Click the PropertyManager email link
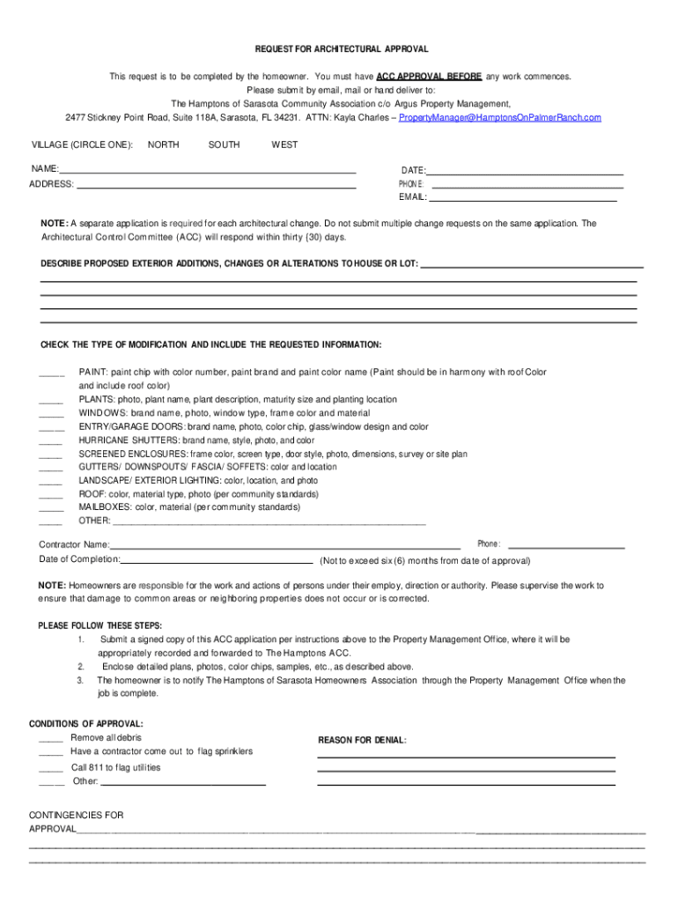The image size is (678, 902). (x=500, y=117)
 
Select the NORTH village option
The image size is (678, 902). (x=164, y=144)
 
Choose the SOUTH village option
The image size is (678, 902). (x=224, y=144)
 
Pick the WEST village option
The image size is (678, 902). (x=284, y=144)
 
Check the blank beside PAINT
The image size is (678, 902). (x=52, y=373)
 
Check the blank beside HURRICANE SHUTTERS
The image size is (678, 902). (x=51, y=440)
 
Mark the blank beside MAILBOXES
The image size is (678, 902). (x=51, y=507)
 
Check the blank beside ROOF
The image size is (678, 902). (x=51, y=494)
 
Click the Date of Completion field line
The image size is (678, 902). (x=217, y=561)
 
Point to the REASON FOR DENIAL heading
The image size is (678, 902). (x=362, y=741)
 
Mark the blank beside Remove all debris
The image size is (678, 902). (x=51, y=738)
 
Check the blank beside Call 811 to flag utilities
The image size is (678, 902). (x=51, y=768)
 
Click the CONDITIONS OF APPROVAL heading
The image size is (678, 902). (x=86, y=724)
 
